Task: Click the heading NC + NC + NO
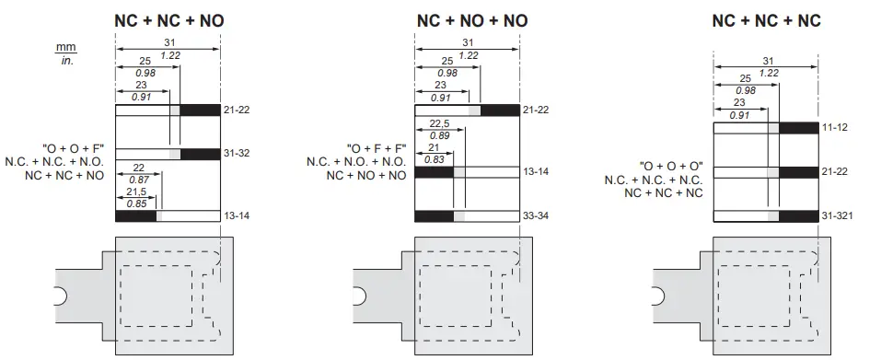tap(168, 20)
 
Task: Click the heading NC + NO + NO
tap(472, 20)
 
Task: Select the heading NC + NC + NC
tap(766, 20)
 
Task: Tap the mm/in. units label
tap(65, 54)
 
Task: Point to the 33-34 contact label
tap(536, 216)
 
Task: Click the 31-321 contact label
tap(839, 216)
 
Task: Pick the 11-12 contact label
tap(834, 128)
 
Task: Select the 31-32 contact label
tap(238, 154)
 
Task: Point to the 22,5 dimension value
tap(439, 124)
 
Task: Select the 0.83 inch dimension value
tap(434, 159)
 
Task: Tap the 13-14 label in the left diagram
tap(238, 216)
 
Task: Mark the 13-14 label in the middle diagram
tap(536, 172)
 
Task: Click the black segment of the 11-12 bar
tap(798, 128)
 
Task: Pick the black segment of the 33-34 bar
tap(434, 216)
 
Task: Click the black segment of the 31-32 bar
tap(200, 154)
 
